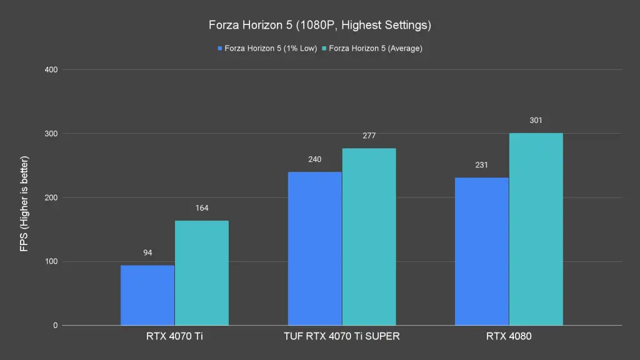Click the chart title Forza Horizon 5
coord(320,26)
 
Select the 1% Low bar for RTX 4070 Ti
coord(147,295)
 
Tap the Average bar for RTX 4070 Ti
coord(201,273)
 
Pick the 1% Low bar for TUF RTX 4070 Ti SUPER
coord(314,249)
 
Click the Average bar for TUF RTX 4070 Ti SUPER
coord(369,237)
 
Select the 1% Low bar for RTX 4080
coord(481,251)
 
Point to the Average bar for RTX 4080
coord(536,229)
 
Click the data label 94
coord(147,253)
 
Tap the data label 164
coord(201,208)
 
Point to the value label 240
coord(314,159)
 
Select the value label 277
coord(369,136)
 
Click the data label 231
coord(481,165)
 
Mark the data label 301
coord(536,120)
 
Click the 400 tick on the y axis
coord(51,69)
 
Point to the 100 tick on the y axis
coord(51,262)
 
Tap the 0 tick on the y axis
coord(55,326)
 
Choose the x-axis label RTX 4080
coord(509,336)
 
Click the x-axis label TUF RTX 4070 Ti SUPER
coord(341,336)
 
